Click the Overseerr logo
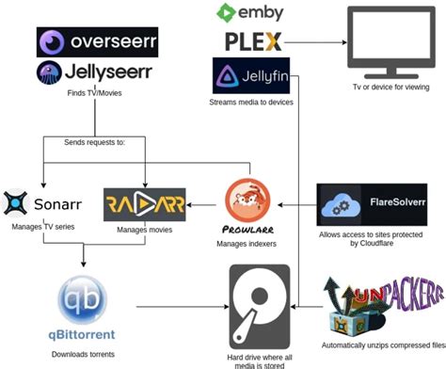pyautogui.click(x=97, y=42)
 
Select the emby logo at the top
pyautogui.click(x=249, y=12)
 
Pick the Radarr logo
pyautogui.click(x=144, y=203)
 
